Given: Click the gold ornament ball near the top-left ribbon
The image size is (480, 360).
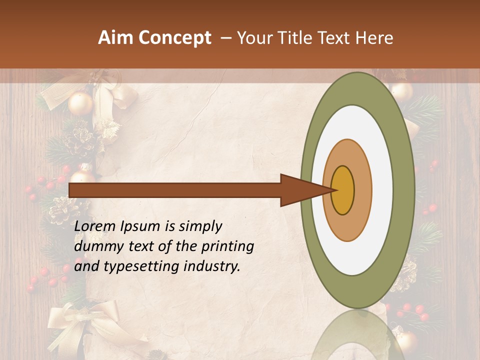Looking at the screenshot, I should tap(80, 103).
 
